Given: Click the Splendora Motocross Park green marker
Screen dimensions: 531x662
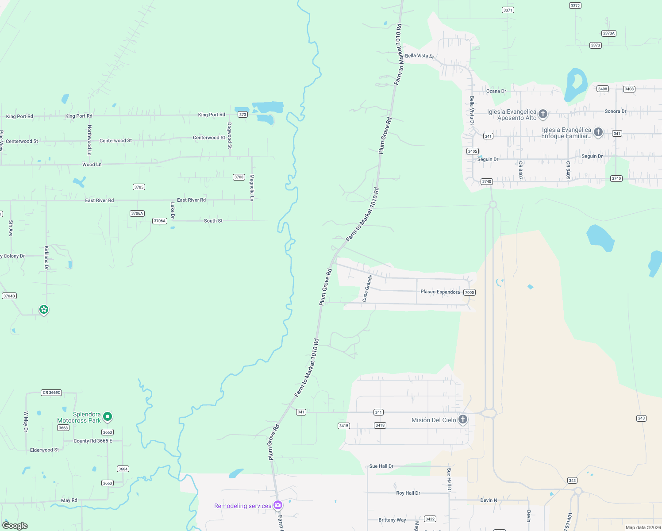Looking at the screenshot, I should (x=107, y=417).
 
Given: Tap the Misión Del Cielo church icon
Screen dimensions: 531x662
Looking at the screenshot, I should (x=463, y=419).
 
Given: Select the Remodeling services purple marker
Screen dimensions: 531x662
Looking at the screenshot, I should (x=278, y=505).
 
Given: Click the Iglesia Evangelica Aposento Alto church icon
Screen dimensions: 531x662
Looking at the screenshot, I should (x=543, y=114).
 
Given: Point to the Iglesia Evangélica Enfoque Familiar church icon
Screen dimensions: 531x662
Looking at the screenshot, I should (x=598, y=132).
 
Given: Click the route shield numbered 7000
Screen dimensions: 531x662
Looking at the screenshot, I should (x=470, y=292).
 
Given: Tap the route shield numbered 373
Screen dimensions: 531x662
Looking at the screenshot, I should (x=242, y=115).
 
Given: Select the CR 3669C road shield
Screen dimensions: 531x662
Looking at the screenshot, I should (x=52, y=392).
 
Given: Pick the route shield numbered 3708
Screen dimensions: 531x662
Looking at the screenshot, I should (x=239, y=177).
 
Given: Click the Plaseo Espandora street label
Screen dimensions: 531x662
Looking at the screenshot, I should (x=440, y=292).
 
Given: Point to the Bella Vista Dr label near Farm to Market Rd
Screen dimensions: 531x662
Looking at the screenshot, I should (x=420, y=56).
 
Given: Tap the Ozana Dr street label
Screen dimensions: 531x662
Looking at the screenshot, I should (x=496, y=91).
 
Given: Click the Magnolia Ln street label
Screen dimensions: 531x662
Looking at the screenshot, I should (x=252, y=188).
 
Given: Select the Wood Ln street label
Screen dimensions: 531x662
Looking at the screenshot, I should (x=92, y=165).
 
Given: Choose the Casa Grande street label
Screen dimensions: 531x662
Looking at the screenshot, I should (x=367, y=288).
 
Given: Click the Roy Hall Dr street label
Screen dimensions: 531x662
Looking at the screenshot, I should (x=408, y=493).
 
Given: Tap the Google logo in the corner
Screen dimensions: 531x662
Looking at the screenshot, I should (x=15, y=526).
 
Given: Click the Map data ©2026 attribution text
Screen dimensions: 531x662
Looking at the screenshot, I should (x=643, y=527).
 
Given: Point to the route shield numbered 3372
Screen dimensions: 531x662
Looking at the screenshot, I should (x=575, y=6).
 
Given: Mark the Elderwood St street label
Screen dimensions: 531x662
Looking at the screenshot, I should (x=44, y=450).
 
